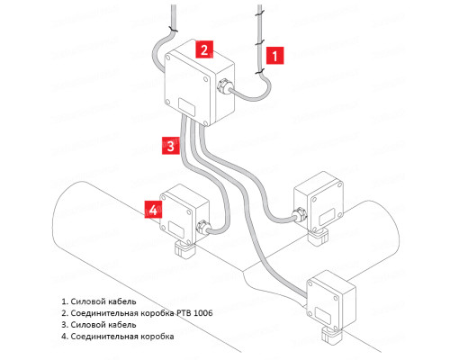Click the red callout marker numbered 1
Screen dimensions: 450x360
tap(274, 56)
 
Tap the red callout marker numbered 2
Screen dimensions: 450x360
tap(204, 49)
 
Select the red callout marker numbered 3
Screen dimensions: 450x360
tap(171, 146)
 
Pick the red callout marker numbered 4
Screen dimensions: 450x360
tap(153, 210)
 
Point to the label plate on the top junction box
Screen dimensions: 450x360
tap(186, 107)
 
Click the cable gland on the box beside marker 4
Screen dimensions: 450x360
tap(202, 227)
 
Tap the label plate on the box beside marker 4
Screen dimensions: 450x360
tap(176, 229)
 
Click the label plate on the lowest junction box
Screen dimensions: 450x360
tap(322, 315)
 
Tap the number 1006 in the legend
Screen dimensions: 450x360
tap(203, 313)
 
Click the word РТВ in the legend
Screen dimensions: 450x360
tap(183, 313)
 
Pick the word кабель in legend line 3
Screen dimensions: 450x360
tap(122, 325)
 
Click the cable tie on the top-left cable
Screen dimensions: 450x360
tap(173, 30)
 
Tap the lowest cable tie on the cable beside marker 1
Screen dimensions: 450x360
tap(259, 71)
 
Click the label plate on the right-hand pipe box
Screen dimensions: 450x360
tap(327, 217)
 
